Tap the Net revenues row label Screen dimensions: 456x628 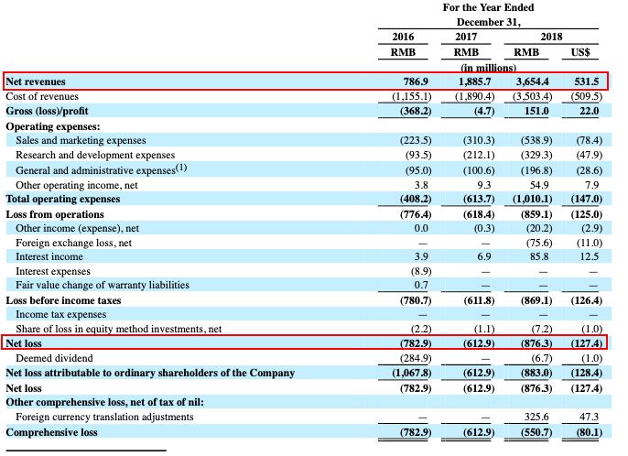36,81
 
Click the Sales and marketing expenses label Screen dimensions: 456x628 81,141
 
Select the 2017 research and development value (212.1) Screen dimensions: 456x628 471,156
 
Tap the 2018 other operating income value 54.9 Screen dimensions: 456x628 536,184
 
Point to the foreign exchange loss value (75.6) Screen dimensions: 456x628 532,243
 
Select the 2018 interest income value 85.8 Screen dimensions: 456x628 536,257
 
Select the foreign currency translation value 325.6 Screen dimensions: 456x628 533,417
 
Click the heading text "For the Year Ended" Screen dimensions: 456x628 488,7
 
